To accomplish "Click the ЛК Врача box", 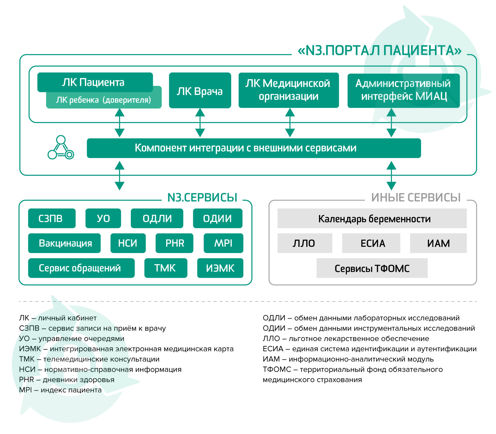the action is point(200,90).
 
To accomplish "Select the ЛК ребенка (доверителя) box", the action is point(104,100).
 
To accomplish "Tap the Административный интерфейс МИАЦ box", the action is point(404,91).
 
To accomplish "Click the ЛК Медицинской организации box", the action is point(289,90).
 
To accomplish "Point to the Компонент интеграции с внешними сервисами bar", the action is point(254,148).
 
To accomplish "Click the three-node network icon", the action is point(61,148).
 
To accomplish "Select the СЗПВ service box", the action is point(52,218).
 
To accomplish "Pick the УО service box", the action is point(103,218).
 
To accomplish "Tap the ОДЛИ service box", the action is point(157,218).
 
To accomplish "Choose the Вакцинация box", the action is point(64,243).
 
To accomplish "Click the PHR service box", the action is point(175,243).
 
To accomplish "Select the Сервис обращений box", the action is point(81,268).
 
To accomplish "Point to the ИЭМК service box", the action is point(220,268).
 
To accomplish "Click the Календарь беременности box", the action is point(372,218).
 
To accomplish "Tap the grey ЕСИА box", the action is point(371,243).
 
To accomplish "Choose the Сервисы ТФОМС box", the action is point(372,268).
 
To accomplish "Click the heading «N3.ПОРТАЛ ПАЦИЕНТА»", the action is point(379,51).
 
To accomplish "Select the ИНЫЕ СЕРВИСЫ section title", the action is point(416,197).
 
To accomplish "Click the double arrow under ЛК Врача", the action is point(200,122).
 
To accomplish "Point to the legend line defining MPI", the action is point(60,390).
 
